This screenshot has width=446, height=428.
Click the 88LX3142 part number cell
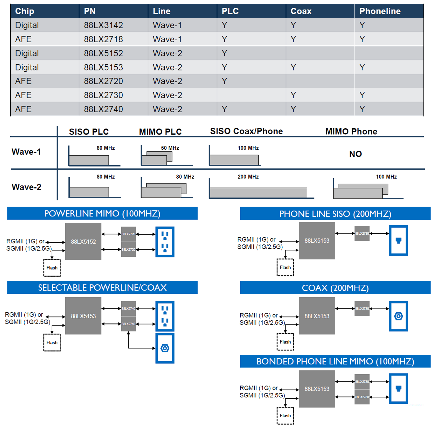[x=103, y=25]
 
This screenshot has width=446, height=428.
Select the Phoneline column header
[x=380, y=11]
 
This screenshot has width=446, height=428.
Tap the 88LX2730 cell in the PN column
[x=103, y=95]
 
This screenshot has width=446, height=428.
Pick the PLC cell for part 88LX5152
[x=225, y=53]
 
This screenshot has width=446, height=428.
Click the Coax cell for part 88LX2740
[x=293, y=109]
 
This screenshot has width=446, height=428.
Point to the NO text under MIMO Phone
[x=355, y=154]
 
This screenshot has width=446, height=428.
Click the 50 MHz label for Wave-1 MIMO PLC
[x=170, y=148]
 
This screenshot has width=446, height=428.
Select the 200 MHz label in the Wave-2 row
[x=248, y=177]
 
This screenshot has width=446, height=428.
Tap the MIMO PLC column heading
[x=160, y=132]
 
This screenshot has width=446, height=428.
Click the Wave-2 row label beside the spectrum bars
[x=26, y=187]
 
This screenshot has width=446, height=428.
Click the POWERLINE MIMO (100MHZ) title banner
[x=102, y=213]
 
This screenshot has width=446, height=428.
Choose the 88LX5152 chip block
[x=83, y=242]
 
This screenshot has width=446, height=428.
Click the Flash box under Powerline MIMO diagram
[x=52, y=268]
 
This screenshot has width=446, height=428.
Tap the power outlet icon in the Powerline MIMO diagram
[x=165, y=242]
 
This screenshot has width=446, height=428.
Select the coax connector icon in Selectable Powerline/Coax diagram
[x=165, y=348]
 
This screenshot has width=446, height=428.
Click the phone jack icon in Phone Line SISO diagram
[x=398, y=240]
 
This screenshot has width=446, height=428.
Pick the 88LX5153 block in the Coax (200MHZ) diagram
[x=317, y=316]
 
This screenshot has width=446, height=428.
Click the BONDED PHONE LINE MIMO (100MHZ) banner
[x=335, y=361]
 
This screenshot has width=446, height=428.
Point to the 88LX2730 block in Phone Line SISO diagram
[x=362, y=233]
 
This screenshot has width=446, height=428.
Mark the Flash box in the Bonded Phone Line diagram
[x=285, y=416]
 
